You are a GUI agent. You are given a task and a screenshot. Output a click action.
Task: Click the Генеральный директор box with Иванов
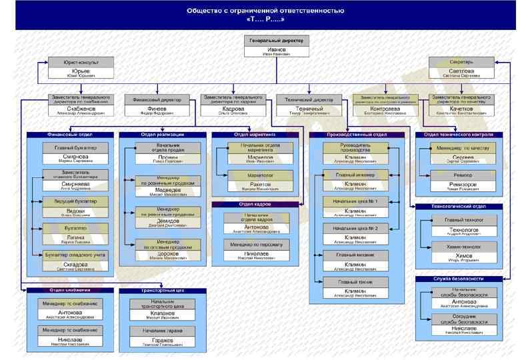[x=276, y=46]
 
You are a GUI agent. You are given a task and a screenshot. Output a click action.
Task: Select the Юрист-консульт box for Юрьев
[x=81, y=67]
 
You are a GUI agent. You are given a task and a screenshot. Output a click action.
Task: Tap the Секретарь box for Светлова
[x=461, y=67]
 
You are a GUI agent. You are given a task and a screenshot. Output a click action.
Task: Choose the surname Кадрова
[x=233, y=108]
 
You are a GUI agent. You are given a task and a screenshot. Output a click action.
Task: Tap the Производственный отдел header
[x=357, y=135]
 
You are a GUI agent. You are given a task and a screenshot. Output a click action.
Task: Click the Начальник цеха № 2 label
[x=359, y=228]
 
